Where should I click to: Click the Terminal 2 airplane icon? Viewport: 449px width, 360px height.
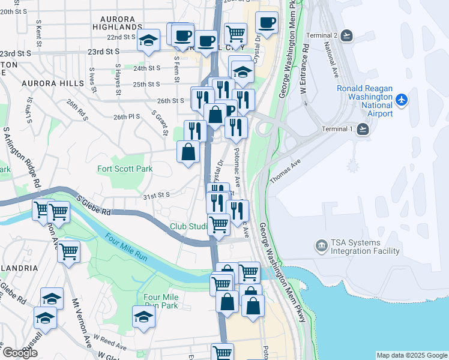click(x=346, y=35)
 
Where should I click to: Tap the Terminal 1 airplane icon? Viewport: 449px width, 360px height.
click(x=363, y=128)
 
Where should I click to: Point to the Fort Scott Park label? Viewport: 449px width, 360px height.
click(x=125, y=169)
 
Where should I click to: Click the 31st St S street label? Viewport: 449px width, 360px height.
click(x=155, y=194)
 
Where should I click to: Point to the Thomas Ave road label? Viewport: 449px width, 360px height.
click(x=285, y=172)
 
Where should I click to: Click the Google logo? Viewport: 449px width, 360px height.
click(x=19, y=353)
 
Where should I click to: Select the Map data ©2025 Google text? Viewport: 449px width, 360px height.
click(x=411, y=355)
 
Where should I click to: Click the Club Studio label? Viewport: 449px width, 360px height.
click(x=188, y=227)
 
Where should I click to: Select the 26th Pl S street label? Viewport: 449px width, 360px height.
click(x=126, y=116)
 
